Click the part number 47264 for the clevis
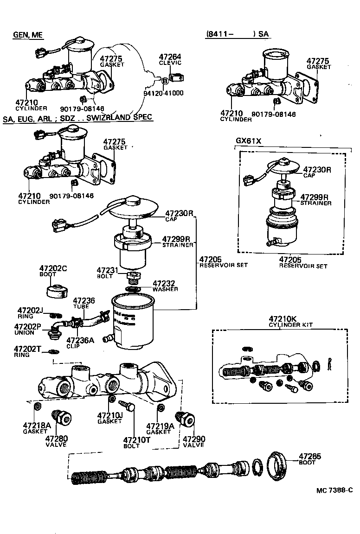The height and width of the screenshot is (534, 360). pyautogui.click(x=170, y=57)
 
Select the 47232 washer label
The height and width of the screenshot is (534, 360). pyautogui.click(x=165, y=285)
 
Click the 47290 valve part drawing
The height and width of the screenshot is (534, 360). pyautogui.click(x=186, y=419)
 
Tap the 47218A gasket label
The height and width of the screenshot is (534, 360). pyautogui.click(x=35, y=427)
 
